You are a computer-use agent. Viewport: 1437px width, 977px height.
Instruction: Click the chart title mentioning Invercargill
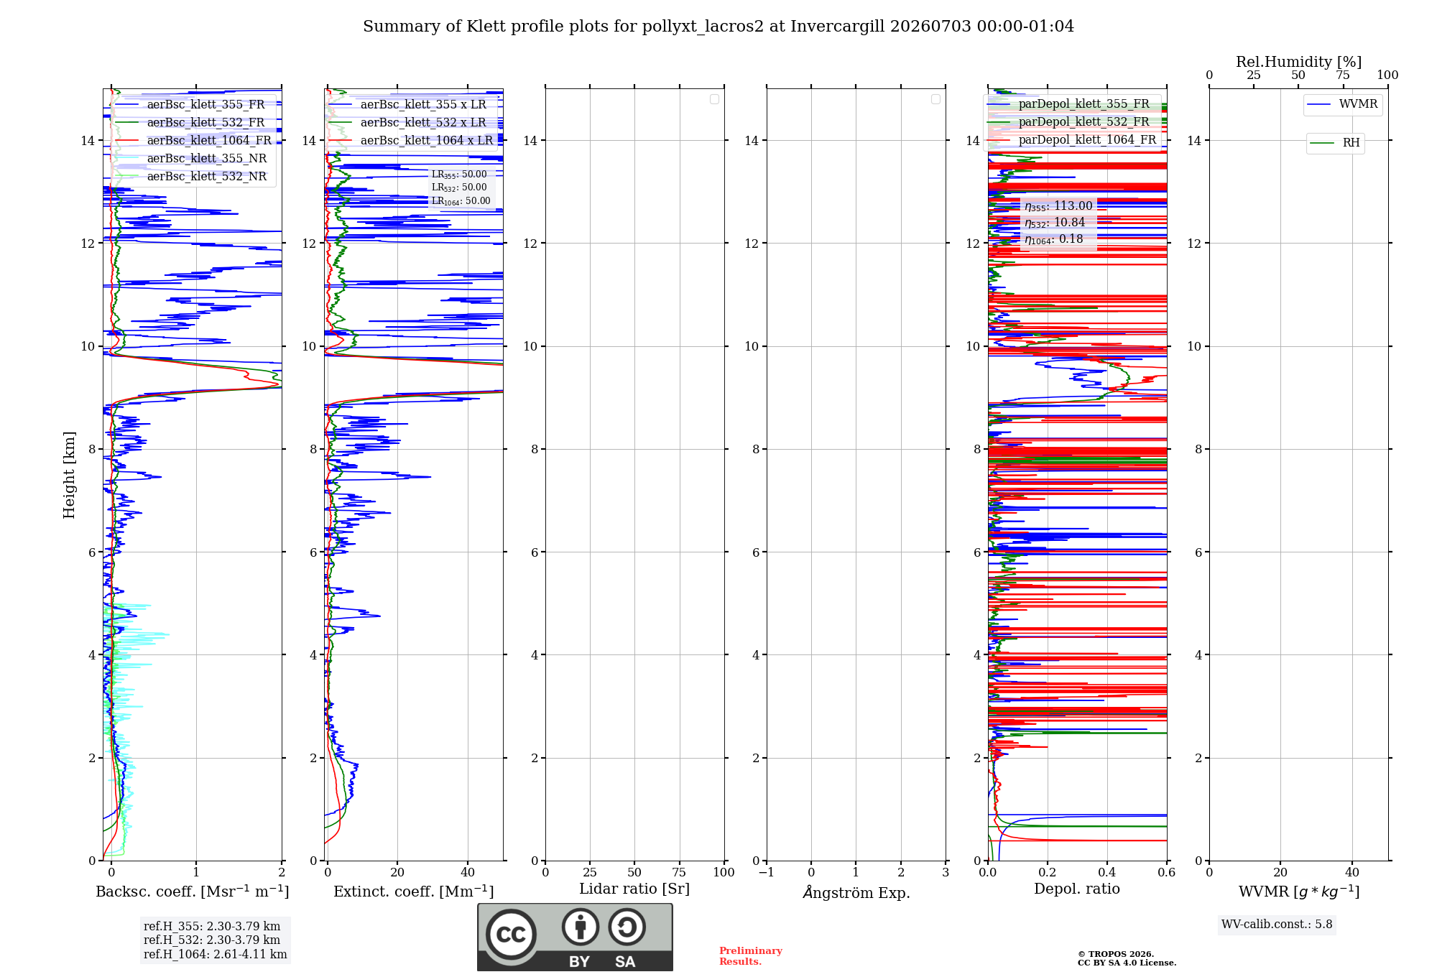pyautogui.click(x=718, y=27)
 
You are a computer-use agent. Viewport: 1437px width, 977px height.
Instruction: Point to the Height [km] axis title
pyautogui.click(x=69, y=475)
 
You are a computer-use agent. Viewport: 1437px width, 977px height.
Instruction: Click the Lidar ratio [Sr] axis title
pyautogui.click(x=634, y=889)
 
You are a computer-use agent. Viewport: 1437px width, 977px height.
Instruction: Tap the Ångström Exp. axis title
pyautogui.click(x=856, y=892)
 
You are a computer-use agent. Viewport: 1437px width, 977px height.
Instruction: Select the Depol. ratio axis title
pyautogui.click(x=1077, y=889)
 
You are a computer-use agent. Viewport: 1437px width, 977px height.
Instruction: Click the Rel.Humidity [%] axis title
pyautogui.click(x=1298, y=62)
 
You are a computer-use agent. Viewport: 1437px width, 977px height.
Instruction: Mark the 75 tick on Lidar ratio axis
pyautogui.click(x=679, y=872)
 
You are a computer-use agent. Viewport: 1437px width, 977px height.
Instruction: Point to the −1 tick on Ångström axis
pyautogui.click(x=767, y=872)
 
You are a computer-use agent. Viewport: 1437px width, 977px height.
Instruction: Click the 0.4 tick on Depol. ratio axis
pyautogui.click(x=1107, y=872)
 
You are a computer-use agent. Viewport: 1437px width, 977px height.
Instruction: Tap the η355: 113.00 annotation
pyautogui.click(x=1058, y=206)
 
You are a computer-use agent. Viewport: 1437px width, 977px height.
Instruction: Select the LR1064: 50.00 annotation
pyautogui.click(x=461, y=201)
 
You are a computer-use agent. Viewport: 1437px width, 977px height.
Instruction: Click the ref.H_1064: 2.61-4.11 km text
pyautogui.click(x=216, y=954)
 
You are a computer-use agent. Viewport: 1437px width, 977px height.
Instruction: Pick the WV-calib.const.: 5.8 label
pyautogui.click(x=1277, y=925)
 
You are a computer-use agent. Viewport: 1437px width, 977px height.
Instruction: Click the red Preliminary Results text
pyautogui.click(x=751, y=956)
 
